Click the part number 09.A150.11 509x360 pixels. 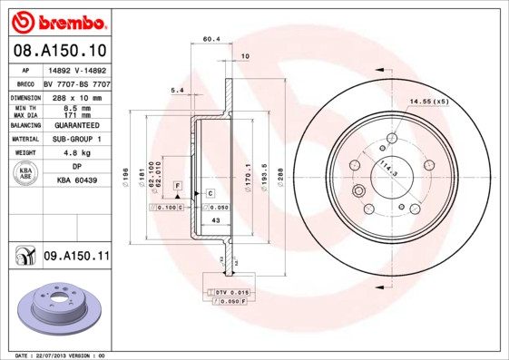[x=76, y=257]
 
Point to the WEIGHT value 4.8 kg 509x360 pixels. [x=76, y=153]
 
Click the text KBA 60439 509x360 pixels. [x=76, y=181]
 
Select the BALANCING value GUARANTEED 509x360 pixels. [x=76, y=125]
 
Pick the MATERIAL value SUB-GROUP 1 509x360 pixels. [x=76, y=139]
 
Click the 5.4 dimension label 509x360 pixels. [x=177, y=90]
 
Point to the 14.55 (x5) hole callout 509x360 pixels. [x=428, y=101]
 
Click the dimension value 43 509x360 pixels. [x=216, y=221]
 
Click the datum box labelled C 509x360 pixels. [x=210, y=194]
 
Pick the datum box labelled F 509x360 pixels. [x=179, y=186]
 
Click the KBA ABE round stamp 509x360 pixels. [x=26, y=173]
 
